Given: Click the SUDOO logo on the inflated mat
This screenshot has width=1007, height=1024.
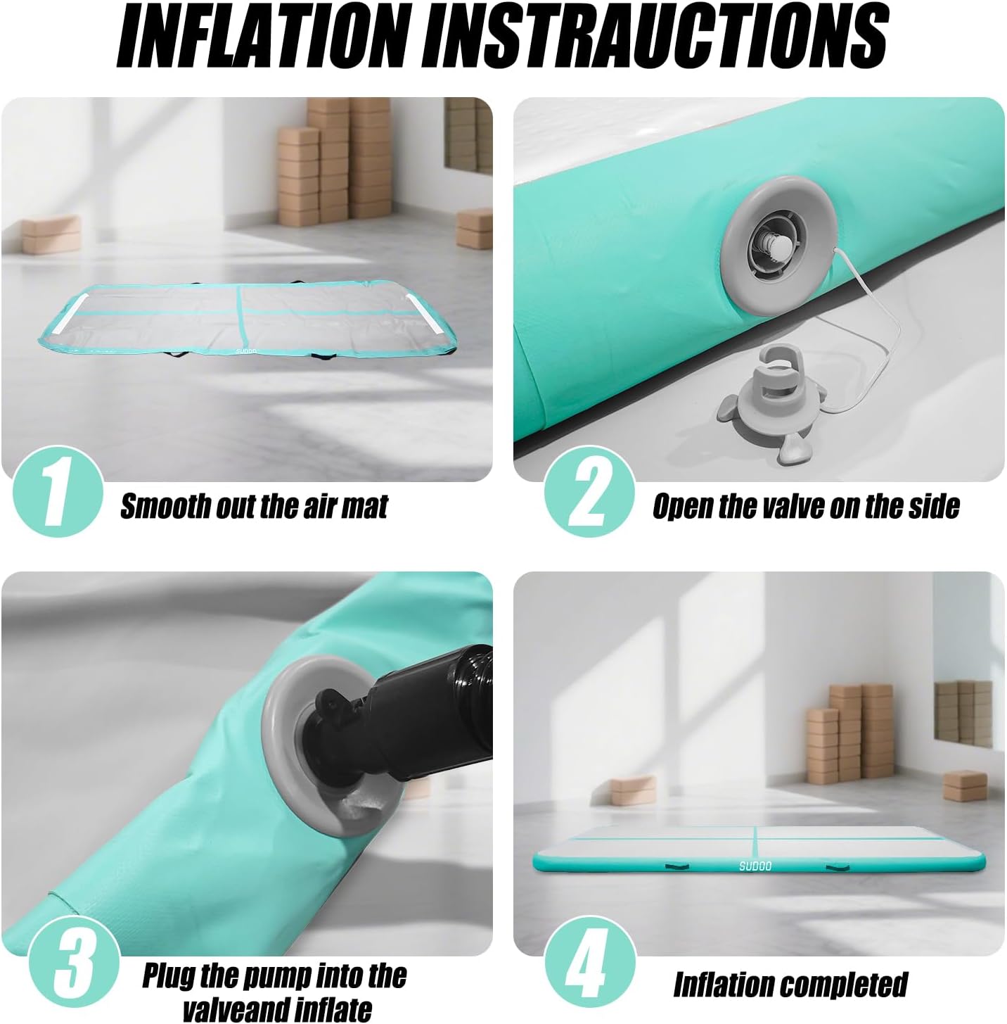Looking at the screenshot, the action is point(755,866).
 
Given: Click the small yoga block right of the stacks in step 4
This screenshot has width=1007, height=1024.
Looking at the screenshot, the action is point(965,786).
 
